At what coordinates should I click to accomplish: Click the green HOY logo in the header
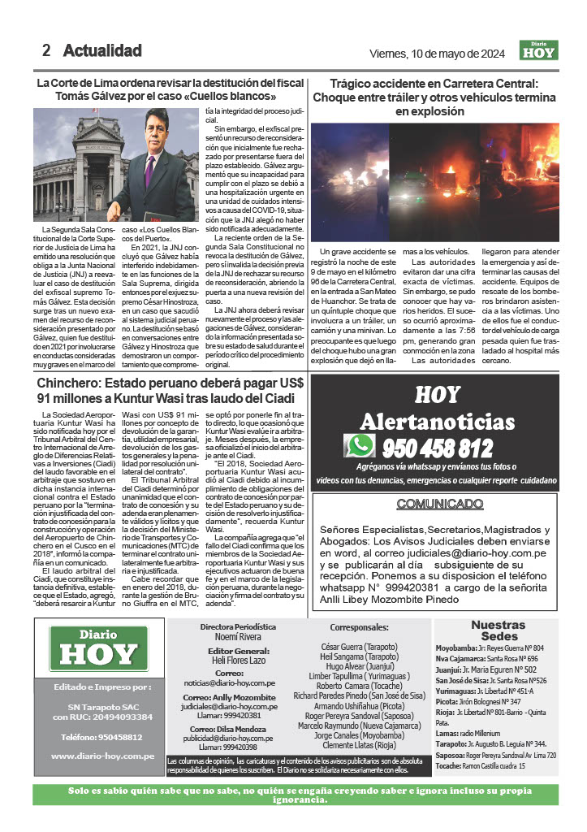click(x=538, y=52)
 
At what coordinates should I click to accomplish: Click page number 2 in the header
click(x=47, y=51)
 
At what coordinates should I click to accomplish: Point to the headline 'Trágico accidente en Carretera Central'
click(x=434, y=83)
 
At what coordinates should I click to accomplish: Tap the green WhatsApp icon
click(x=359, y=446)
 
